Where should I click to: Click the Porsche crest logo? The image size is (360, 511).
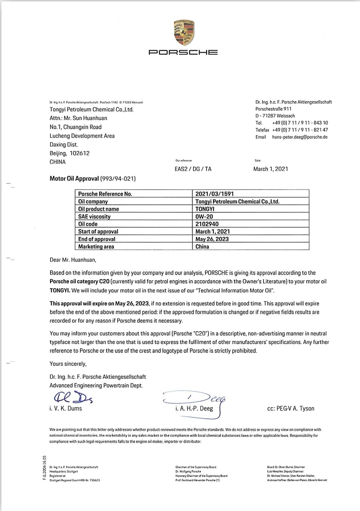184,33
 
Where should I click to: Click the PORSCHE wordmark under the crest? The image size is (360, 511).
183,52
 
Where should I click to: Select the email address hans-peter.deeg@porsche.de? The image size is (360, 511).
300,137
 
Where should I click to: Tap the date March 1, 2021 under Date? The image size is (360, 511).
270,169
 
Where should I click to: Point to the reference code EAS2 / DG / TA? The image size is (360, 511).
193,169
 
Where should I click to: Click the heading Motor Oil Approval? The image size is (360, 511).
74,178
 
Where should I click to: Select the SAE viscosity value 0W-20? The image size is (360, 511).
204,216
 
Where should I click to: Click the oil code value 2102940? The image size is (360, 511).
207,224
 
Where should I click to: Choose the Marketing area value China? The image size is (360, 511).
202,247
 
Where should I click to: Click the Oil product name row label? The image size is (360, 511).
99,209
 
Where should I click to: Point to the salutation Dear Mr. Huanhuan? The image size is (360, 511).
73,260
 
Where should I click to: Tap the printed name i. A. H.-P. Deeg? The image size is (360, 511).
194,408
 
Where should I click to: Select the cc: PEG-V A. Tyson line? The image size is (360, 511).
290,408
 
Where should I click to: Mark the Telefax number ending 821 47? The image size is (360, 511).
300,130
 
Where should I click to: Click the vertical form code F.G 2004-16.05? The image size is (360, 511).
44,468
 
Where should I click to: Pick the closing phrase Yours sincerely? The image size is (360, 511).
68,364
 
